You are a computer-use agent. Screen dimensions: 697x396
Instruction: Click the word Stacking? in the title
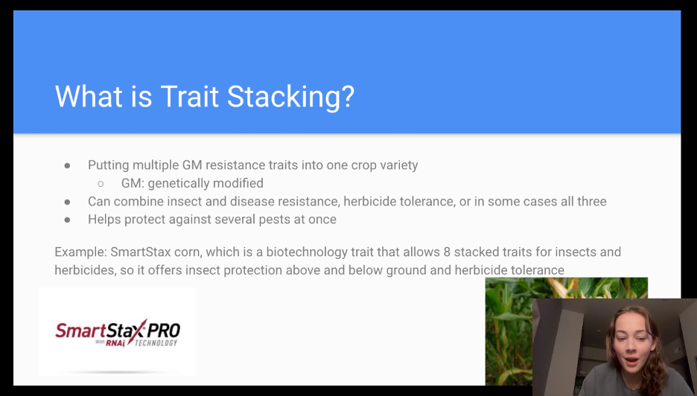point(290,98)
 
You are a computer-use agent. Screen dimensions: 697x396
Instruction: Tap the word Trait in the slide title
point(189,96)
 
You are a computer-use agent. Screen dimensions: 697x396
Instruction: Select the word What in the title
point(89,96)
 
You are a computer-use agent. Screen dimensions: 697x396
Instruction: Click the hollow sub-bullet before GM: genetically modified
point(101,184)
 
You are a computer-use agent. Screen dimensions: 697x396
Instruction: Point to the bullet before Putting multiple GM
point(67,166)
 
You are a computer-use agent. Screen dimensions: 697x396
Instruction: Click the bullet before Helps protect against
point(67,220)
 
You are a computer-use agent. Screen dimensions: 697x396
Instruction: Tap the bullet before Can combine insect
point(67,202)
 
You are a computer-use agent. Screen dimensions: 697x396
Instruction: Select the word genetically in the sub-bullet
point(178,184)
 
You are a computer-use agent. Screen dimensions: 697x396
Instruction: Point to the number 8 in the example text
point(447,252)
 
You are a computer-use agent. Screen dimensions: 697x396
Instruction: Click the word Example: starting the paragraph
point(80,252)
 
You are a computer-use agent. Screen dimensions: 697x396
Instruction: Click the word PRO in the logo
point(164,330)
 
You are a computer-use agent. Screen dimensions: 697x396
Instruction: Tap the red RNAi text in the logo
point(115,343)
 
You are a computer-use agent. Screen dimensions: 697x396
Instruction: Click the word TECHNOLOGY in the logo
point(156,342)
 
